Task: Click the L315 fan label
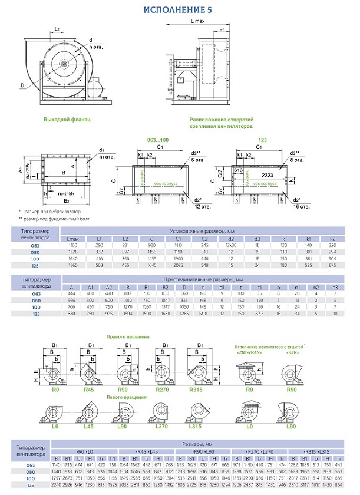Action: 197,425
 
